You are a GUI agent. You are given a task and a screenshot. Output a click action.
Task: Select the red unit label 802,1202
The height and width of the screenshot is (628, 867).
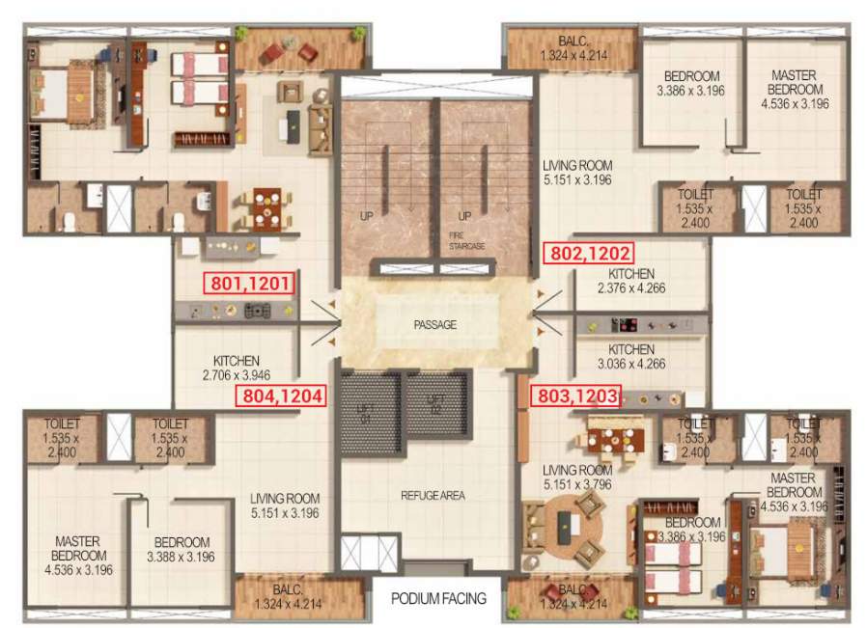click(x=590, y=254)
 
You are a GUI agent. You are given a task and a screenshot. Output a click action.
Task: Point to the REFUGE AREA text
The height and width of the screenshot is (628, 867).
click(x=433, y=496)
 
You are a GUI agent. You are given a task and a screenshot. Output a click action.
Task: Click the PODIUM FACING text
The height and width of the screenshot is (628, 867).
click(x=438, y=598)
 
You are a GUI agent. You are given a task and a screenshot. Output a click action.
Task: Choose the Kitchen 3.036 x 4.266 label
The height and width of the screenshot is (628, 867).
click(x=631, y=357)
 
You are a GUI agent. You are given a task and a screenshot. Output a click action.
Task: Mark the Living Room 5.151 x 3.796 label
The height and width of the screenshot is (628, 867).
click(x=576, y=477)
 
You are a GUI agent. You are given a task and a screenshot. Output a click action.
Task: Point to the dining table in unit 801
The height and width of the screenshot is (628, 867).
click(x=265, y=206)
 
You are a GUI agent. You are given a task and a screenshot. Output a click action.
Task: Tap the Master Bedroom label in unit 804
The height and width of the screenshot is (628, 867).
click(x=78, y=556)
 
